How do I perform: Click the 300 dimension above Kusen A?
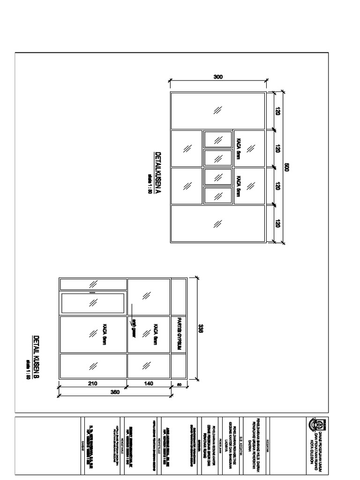tap(217, 77)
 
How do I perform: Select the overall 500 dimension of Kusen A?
tap(287, 167)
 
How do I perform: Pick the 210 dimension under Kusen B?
tap(92, 383)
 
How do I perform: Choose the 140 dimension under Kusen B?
tap(149, 383)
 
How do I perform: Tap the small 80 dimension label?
tap(179, 385)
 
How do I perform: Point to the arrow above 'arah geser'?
tap(133, 310)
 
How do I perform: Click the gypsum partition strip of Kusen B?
tap(179, 328)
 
